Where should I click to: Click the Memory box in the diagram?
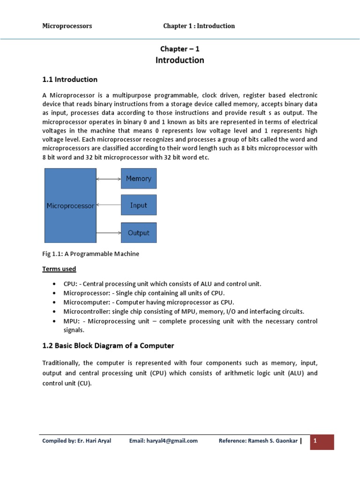[x=139, y=179]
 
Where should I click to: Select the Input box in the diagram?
[x=139, y=205]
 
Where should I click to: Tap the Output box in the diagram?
[x=139, y=232]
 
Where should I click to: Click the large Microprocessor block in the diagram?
[x=70, y=205]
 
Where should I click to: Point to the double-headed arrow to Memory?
[x=108, y=179]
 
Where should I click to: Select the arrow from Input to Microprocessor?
[x=108, y=205]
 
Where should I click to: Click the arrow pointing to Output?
[x=108, y=232]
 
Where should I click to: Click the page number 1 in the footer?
[x=315, y=441]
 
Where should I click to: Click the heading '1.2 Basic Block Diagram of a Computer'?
[x=108, y=345]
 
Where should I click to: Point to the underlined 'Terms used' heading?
[x=59, y=269]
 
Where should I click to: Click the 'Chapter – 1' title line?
[x=180, y=49]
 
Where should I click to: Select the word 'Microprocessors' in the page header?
[x=67, y=26]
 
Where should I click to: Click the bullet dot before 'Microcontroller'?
[x=55, y=312]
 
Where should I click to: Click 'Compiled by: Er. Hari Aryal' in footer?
[x=76, y=441]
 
